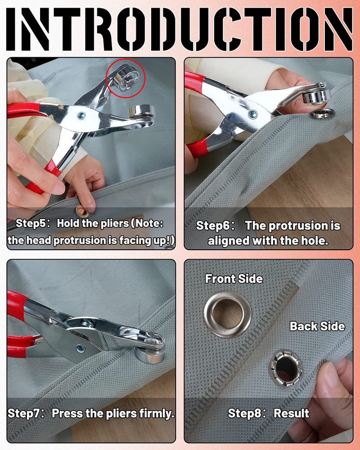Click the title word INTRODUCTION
pyautogui.click(x=180, y=28)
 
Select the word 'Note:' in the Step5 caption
pyautogui.click(x=148, y=223)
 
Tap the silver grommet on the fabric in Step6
pyautogui.click(x=320, y=114)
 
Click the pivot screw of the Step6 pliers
pyautogui.click(x=252, y=114)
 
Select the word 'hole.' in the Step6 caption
pyautogui.click(x=314, y=241)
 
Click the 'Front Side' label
pyautogui.click(x=234, y=279)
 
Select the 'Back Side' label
pyautogui.click(x=317, y=326)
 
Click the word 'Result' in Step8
pyautogui.click(x=291, y=413)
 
